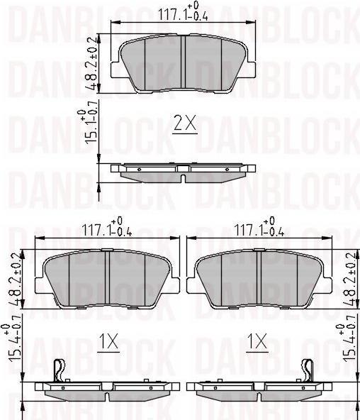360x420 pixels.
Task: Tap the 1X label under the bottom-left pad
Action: [108, 343]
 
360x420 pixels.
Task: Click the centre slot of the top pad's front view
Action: [183, 62]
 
